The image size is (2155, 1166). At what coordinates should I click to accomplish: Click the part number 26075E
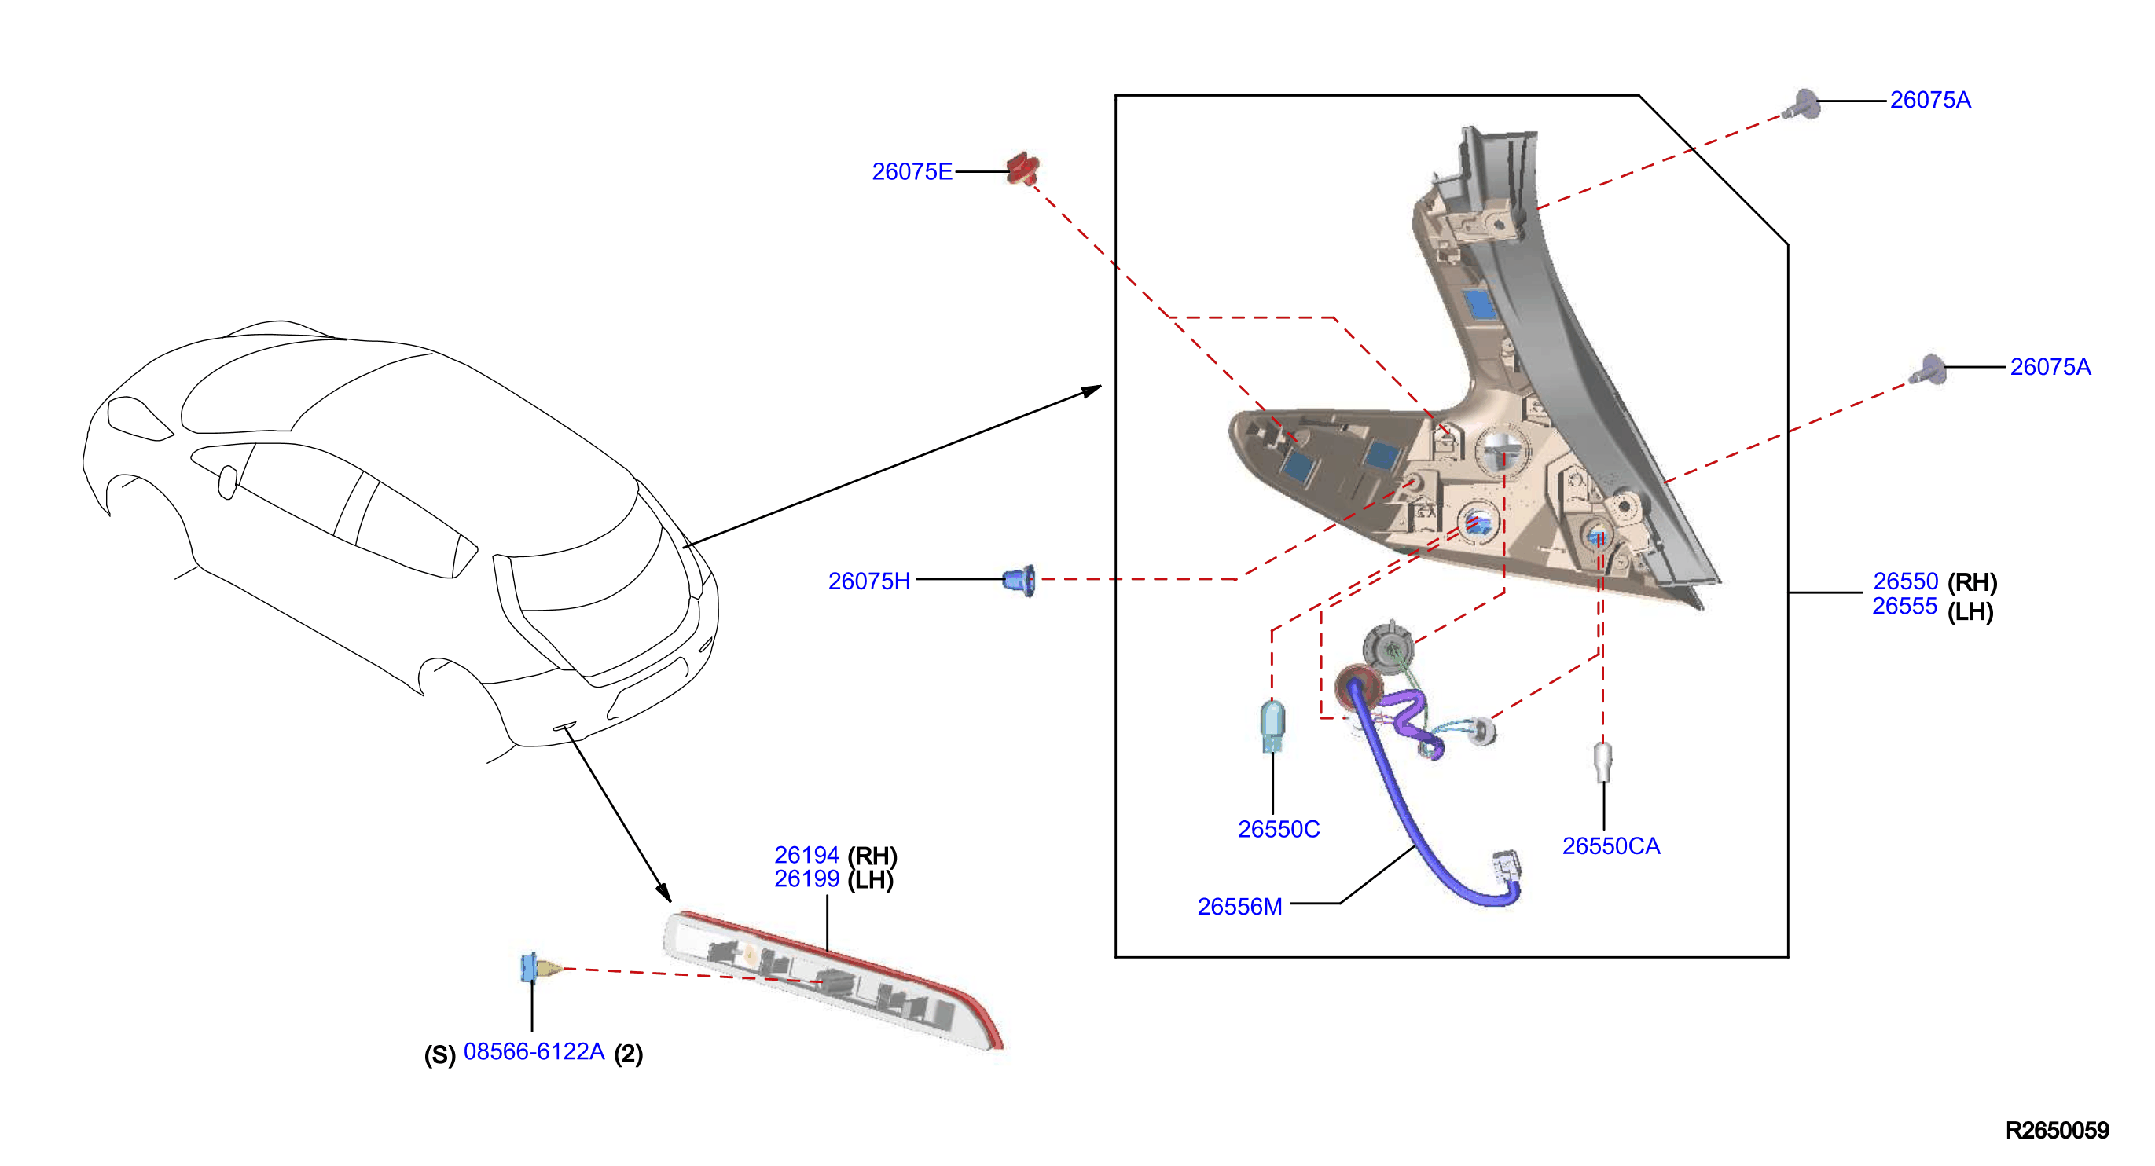pyautogui.click(x=912, y=171)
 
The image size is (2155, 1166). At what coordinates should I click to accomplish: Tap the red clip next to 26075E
pyautogui.click(x=1022, y=169)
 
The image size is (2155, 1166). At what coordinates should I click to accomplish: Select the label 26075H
pyautogui.click(x=869, y=581)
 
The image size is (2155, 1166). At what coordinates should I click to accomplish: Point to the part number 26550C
pyautogui.click(x=1278, y=829)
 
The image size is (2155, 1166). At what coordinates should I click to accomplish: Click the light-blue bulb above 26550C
pyautogui.click(x=1272, y=725)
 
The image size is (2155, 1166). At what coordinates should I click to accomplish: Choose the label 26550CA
pyautogui.click(x=1611, y=845)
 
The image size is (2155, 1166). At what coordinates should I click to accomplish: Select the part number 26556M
pyautogui.click(x=1240, y=907)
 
